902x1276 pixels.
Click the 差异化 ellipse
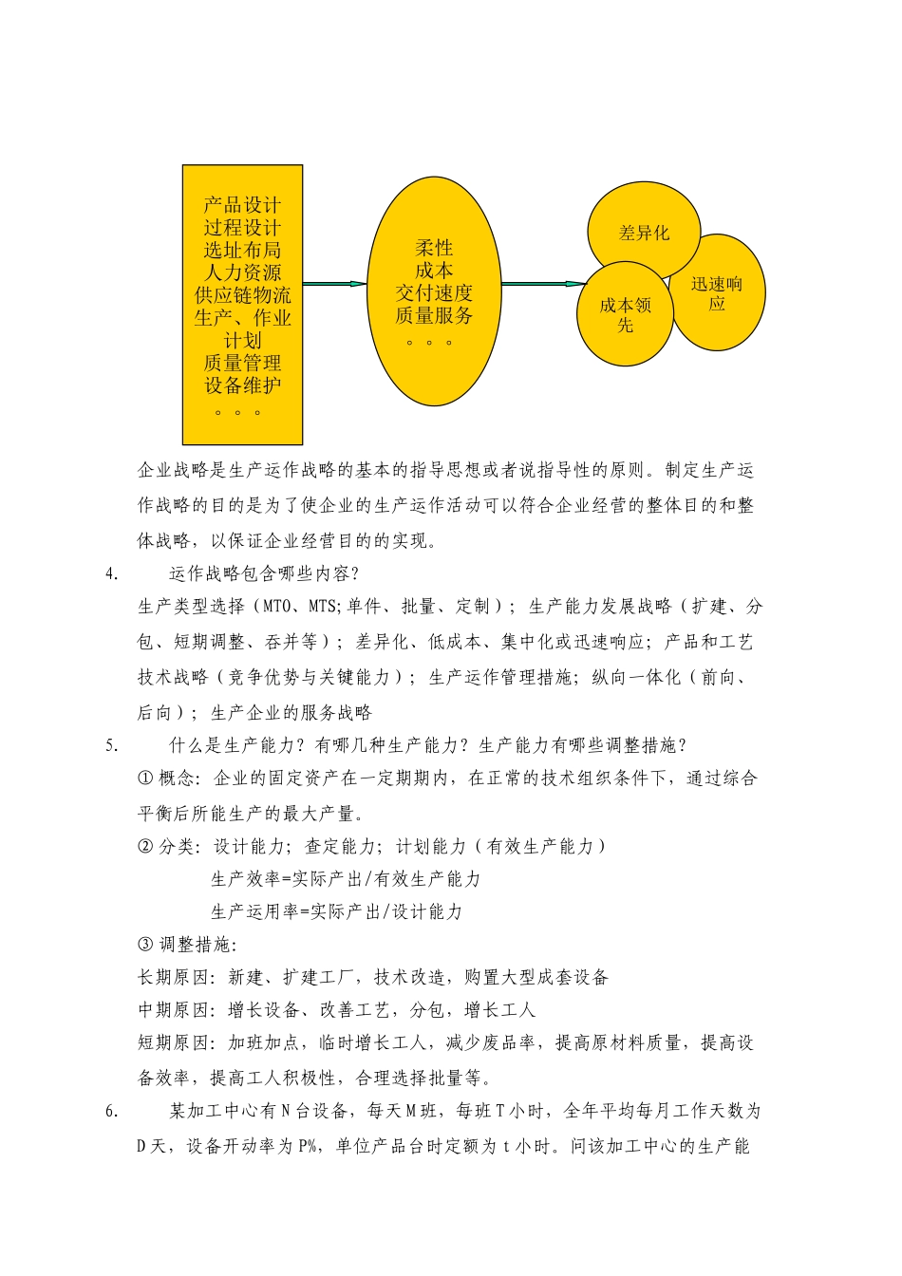tap(644, 233)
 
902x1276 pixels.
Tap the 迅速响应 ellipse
tap(717, 293)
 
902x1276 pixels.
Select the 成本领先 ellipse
tap(625, 314)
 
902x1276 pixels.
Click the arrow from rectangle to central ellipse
tap(334, 284)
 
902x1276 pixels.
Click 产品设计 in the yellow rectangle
tap(242, 205)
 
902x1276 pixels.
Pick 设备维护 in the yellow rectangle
tap(242, 385)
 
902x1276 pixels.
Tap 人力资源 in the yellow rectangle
tap(242, 273)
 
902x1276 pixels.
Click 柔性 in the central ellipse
tap(434, 248)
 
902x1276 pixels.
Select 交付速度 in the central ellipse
tap(434, 293)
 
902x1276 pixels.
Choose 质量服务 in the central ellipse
tap(434, 315)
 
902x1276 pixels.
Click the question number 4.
tap(112, 573)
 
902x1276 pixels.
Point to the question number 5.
tap(112, 745)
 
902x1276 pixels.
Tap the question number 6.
tap(112, 1111)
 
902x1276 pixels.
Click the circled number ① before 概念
tap(145, 779)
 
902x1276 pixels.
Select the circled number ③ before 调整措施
tap(145, 945)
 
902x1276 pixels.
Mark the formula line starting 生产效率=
tap(346, 879)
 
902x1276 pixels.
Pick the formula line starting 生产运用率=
tap(336, 911)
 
